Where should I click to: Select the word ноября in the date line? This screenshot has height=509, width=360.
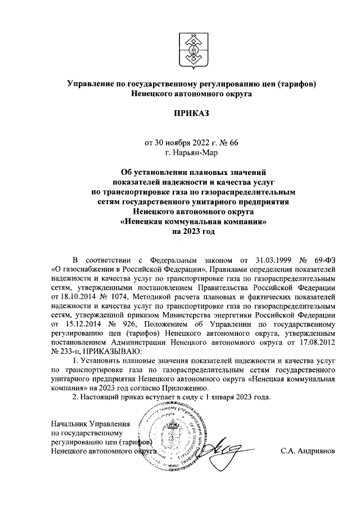click(174, 142)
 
